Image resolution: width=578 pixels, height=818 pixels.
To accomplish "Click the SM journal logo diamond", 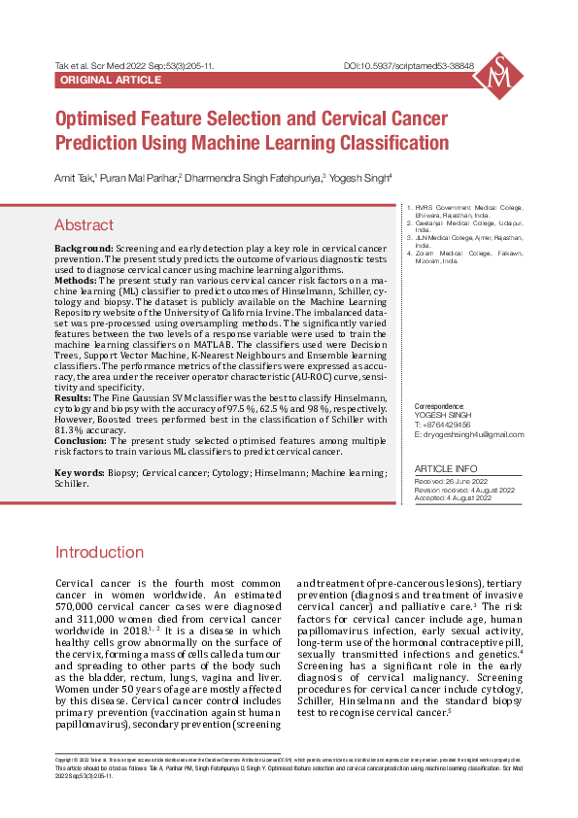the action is coord(498,76).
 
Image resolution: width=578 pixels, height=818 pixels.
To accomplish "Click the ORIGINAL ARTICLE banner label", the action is coord(111,80).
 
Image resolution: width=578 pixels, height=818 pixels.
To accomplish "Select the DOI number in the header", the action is coord(409,66).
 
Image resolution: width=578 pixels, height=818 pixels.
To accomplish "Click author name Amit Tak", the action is coord(73,178).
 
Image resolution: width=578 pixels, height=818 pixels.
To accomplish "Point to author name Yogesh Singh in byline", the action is coord(358,178).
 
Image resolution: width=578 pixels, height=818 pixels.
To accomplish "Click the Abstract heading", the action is coord(84,225).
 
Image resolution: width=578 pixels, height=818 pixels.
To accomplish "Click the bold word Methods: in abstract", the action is coord(76,280).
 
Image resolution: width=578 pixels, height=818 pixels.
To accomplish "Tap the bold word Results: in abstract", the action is coord(73,398).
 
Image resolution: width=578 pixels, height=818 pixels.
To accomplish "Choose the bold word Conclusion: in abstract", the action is coord(82,440).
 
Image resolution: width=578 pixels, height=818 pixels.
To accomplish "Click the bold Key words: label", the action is coord(80,472).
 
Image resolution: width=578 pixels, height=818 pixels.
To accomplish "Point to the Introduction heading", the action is coord(99,553).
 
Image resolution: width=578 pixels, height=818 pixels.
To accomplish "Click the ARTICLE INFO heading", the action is coord(446,468).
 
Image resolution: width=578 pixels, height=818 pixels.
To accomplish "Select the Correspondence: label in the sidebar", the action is coord(439,405).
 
